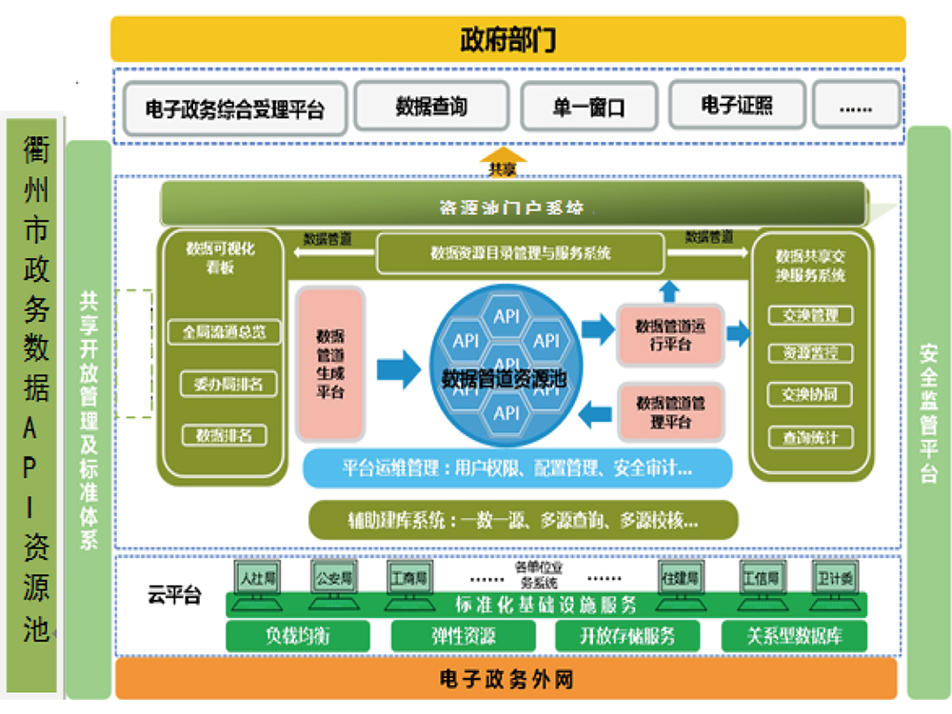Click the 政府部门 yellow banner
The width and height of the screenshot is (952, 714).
tap(507, 40)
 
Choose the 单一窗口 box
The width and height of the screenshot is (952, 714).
tap(589, 107)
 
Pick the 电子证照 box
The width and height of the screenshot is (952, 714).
tap(737, 105)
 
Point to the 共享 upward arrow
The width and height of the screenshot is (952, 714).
tap(502, 161)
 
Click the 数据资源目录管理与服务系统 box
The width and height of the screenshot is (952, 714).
tap(520, 254)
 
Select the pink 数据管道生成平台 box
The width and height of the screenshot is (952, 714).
tap(329, 364)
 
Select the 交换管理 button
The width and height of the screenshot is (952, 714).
tap(810, 315)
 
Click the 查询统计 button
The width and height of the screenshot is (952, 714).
tap(810, 438)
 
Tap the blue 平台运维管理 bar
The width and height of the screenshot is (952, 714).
tap(517, 468)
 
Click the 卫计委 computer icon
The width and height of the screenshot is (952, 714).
tap(835, 578)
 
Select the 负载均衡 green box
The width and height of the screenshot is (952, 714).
tap(298, 636)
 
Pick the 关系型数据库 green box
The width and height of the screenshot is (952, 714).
tap(794, 636)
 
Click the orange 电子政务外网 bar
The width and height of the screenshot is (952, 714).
tap(506, 679)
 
